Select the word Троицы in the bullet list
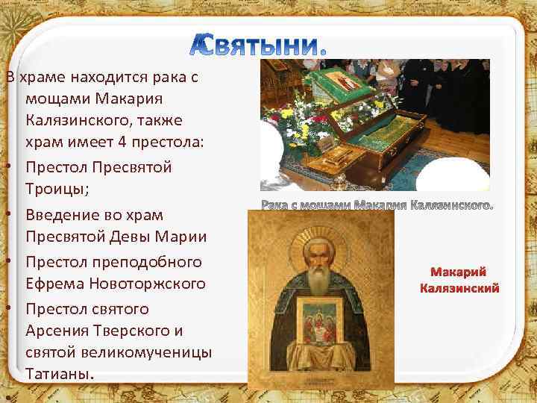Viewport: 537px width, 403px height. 57,190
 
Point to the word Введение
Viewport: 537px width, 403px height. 60,215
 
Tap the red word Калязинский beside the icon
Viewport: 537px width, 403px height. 459,288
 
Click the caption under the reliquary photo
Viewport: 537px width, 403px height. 377,204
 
